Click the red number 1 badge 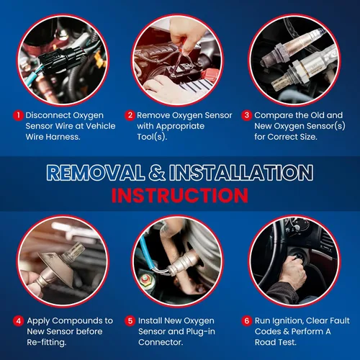(18, 115)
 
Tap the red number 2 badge (130, 115)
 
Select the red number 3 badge (247, 115)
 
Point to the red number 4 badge (19, 321)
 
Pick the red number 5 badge (130, 321)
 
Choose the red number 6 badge (247, 321)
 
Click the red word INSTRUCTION (180, 195)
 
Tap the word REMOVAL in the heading (96, 173)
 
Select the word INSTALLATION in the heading (241, 173)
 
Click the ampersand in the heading (157, 173)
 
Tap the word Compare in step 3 (268, 116)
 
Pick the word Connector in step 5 (160, 342)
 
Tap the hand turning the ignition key (293, 271)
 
